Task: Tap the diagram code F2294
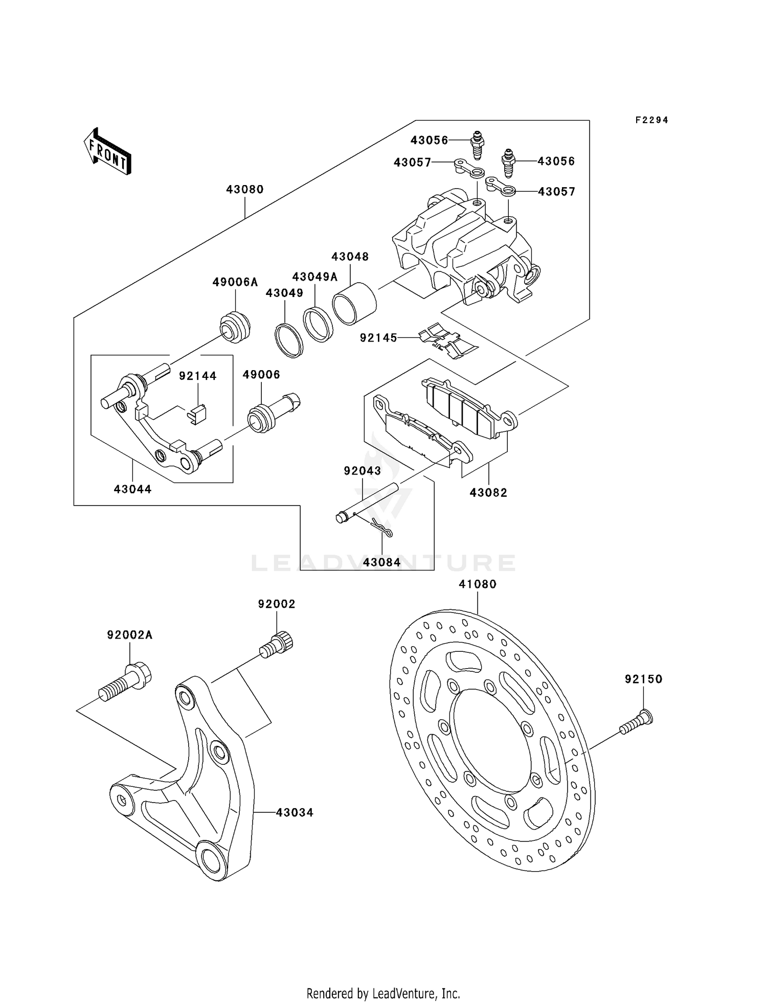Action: pos(652,120)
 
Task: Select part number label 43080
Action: pos(245,190)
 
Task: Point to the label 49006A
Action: pos(235,282)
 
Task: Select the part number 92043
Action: pos(362,470)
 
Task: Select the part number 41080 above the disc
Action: pos(478,584)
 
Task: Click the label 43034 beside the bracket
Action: pos(295,812)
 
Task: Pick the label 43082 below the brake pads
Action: pos(488,492)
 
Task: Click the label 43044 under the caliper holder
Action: pos(132,489)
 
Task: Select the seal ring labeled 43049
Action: pos(289,340)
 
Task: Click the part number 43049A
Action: pos(315,277)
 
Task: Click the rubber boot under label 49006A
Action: pos(235,327)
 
